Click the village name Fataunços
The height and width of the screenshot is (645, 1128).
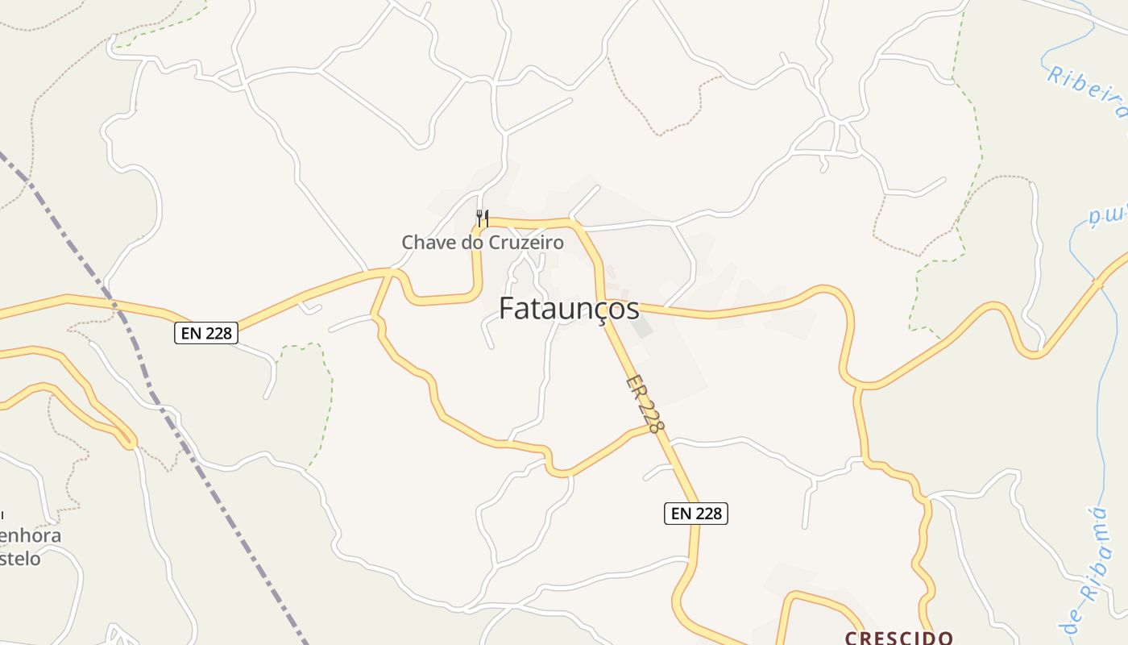(569, 308)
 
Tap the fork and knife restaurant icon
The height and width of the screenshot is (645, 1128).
(482, 218)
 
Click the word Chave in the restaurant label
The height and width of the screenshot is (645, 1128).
(428, 242)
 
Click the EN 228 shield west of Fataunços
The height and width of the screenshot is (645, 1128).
(206, 333)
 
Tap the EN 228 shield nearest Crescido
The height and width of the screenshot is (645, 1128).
(695, 513)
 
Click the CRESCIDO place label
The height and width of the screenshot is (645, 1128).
(898, 638)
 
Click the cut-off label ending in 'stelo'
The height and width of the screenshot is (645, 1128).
(20, 558)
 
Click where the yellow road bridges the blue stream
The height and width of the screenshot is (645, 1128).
(1097, 283)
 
